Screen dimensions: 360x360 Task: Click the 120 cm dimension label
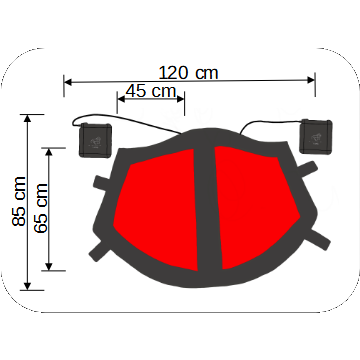click(x=188, y=73)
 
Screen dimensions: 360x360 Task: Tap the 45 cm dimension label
click(x=151, y=91)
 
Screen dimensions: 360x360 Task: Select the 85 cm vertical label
click(x=19, y=201)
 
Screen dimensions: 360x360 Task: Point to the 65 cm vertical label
click(x=41, y=208)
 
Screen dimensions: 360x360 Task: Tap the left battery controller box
click(x=95, y=140)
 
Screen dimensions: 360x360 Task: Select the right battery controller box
click(x=316, y=136)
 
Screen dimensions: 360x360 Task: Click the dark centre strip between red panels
click(x=207, y=207)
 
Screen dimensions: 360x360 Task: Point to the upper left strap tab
click(x=102, y=183)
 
